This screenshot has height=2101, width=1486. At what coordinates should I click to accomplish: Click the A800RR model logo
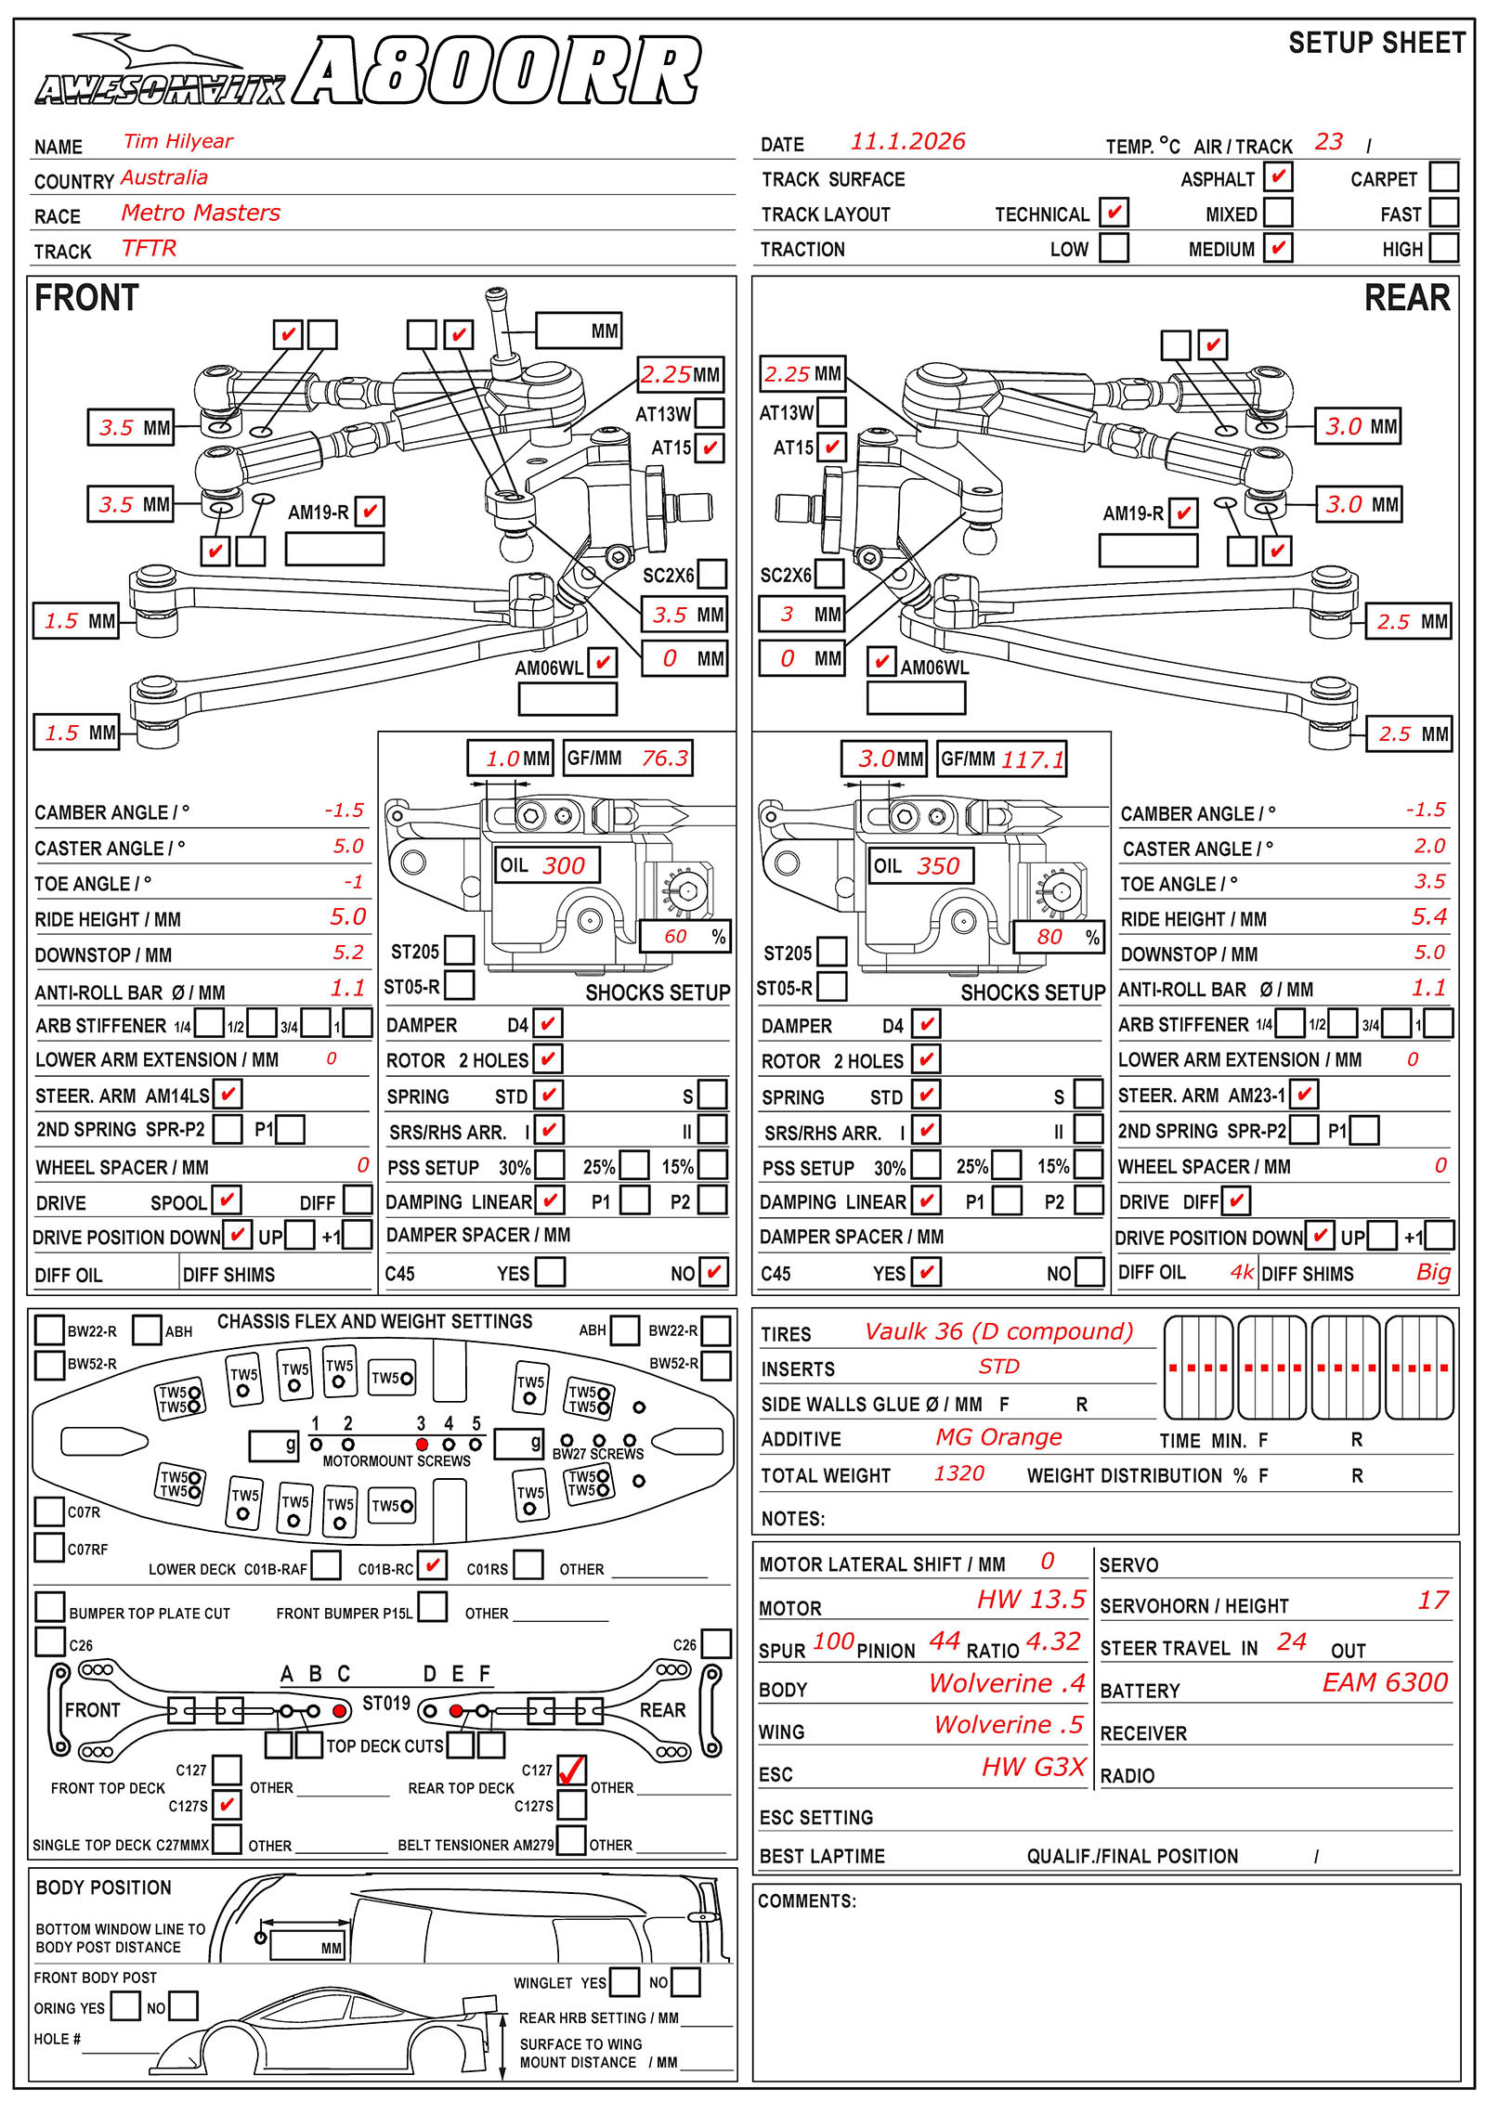click(497, 72)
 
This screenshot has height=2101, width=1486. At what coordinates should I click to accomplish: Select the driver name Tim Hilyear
click(177, 141)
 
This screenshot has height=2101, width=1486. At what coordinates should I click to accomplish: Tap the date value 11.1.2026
click(907, 141)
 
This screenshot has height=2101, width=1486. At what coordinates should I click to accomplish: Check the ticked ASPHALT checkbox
click(1278, 176)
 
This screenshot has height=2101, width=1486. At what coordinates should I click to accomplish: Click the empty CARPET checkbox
click(1443, 176)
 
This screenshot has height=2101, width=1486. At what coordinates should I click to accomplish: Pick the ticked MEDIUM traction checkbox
click(1278, 248)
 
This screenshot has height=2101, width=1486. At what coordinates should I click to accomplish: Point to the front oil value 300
click(563, 866)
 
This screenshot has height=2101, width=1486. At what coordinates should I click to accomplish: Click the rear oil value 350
click(937, 866)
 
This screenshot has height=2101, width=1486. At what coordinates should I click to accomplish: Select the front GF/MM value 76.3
click(665, 759)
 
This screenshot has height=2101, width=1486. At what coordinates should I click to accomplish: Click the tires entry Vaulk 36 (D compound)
click(998, 1331)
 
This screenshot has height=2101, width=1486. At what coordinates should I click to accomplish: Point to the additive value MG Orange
click(998, 1437)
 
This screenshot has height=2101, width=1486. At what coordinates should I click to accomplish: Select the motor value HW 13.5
click(1031, 1599)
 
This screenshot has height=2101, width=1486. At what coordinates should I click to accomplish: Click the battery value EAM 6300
click(1385, 1682)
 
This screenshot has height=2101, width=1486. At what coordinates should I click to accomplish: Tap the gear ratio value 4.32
click(1053, 1641)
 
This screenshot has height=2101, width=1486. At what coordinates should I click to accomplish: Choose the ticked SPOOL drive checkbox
click(227, 1200)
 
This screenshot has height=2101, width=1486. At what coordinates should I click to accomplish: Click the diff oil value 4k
click(1242, 1272)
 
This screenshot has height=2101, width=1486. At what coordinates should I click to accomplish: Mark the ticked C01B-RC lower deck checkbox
click(432, 1565)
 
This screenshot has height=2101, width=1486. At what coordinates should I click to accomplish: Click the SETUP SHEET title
click(1376, 43)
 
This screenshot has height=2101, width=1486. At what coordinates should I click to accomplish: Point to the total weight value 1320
click(958, 1473)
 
